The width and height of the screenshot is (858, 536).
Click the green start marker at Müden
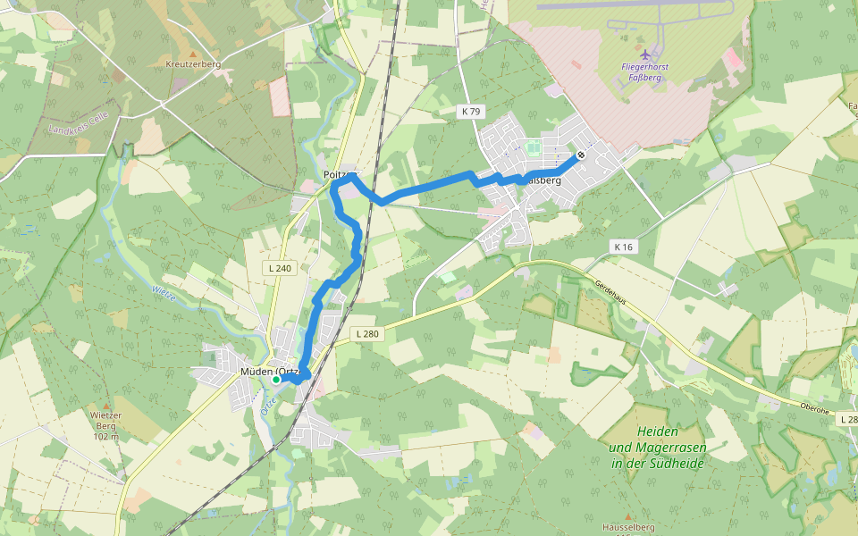[276, 380]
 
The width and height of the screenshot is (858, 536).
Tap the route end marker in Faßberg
[581, 155]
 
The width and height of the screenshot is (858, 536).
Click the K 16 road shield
[623, 246]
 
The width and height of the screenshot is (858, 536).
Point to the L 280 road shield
[366, 334]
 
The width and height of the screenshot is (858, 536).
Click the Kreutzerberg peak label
[193, 64]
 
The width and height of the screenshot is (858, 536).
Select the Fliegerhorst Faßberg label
[645, 72]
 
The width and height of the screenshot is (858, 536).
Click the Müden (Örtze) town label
[268, 371]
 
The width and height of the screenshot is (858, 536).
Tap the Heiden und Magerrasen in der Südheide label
[658, 447]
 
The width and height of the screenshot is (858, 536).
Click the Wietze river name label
[164, 293]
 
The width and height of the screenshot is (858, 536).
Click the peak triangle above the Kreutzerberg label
[192, 54]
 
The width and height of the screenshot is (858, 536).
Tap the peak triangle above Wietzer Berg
[105, 405]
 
